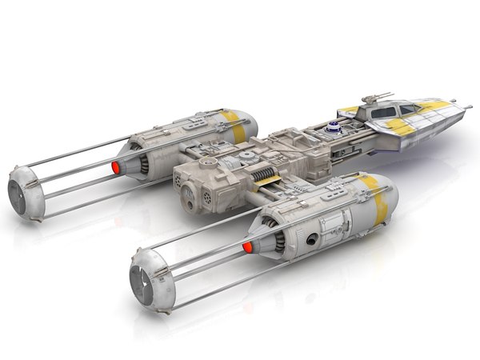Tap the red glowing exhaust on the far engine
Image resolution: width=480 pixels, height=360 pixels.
(x=116, y=167)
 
